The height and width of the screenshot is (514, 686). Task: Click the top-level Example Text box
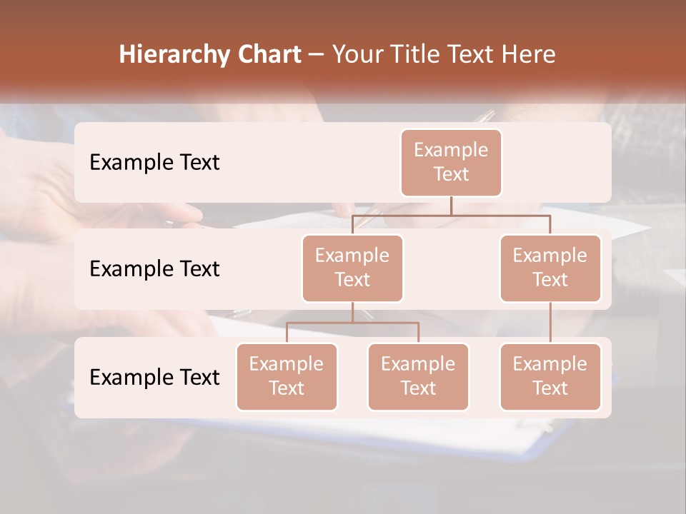pyautogui.click(x=451, y=162)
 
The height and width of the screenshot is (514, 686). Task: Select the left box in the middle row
pyautogui.click(x=352, y=268)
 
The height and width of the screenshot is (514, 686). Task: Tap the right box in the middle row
pyautogui.click(x=550, y=268)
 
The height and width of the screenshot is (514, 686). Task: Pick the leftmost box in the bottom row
pyautogui.click(x=287, y=376)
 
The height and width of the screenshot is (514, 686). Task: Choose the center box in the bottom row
pyautogui.click(x=418, y=376)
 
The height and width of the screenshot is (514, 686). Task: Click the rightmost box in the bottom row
pyautogui.click(x=550, y=376)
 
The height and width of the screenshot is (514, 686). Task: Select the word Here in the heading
pyautogui.click(x=527, y=55)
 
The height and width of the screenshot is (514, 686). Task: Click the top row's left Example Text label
pyautogui.click(x=154, y=162)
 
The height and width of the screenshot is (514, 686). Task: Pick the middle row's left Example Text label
pyautogui.click(x=154, y=268)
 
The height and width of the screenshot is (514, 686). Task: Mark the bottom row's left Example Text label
pyautogui.click(x=154, y=377)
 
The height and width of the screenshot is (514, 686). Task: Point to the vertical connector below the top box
pyautogui.click(x=451, y=206)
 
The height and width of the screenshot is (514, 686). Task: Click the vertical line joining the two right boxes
pyautogui.click(x=550, y=323)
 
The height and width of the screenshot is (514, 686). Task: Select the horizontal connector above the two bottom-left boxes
pyautogui.click(x=352, y=323)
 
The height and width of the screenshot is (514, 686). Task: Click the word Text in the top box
pyautogui.click(x=451, y=174)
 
